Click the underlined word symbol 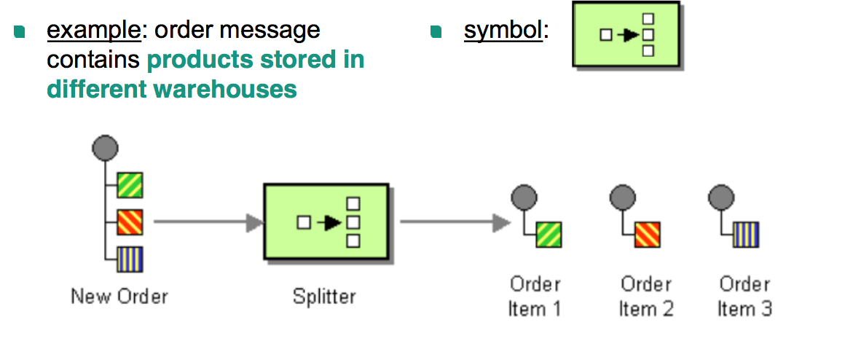[x=503, y=31]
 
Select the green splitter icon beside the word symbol [x=626, y=35]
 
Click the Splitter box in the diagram [x=325, y=222]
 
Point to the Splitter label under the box [x=324, y=297]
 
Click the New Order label [x=119, y=297]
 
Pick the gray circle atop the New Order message [x=105, y=148]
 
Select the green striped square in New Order [x=130, y=185]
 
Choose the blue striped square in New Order [x=130, y=259]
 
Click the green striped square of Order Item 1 [x=549, y=235]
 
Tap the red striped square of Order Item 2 [x=647, y=235]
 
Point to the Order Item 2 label [x=646, y=297]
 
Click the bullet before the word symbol [x=436, y=31]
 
